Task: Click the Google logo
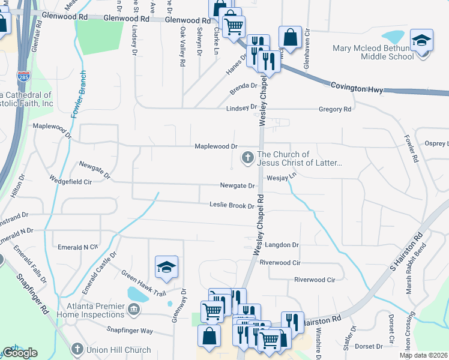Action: (20, 353)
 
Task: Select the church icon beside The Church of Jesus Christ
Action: (247, 158)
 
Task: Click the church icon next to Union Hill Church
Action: (77, 349)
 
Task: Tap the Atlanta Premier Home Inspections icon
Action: (133, 310)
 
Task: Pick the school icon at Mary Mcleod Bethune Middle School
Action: (422, 40)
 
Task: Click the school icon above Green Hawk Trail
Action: (166, 267)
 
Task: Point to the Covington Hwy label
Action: (357, 88)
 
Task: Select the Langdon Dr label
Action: (278, 245)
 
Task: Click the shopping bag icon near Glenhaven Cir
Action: (290, 38)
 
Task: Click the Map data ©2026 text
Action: (423, 355)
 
